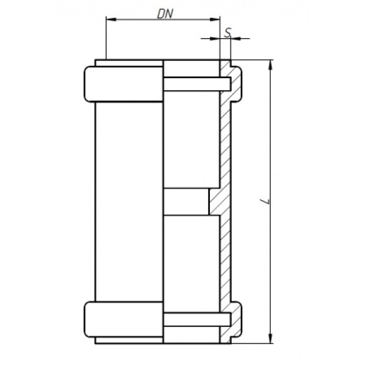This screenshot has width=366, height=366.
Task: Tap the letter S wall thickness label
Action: click(226, 31)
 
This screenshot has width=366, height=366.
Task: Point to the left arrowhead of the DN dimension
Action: click(110, 20)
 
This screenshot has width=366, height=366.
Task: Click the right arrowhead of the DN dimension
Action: click(216, 20)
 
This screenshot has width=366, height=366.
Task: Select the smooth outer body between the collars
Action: click(128, 201)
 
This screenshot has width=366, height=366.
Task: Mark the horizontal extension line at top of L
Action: click(256, 60)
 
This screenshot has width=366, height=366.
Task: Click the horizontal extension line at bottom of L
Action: click(256, 342)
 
